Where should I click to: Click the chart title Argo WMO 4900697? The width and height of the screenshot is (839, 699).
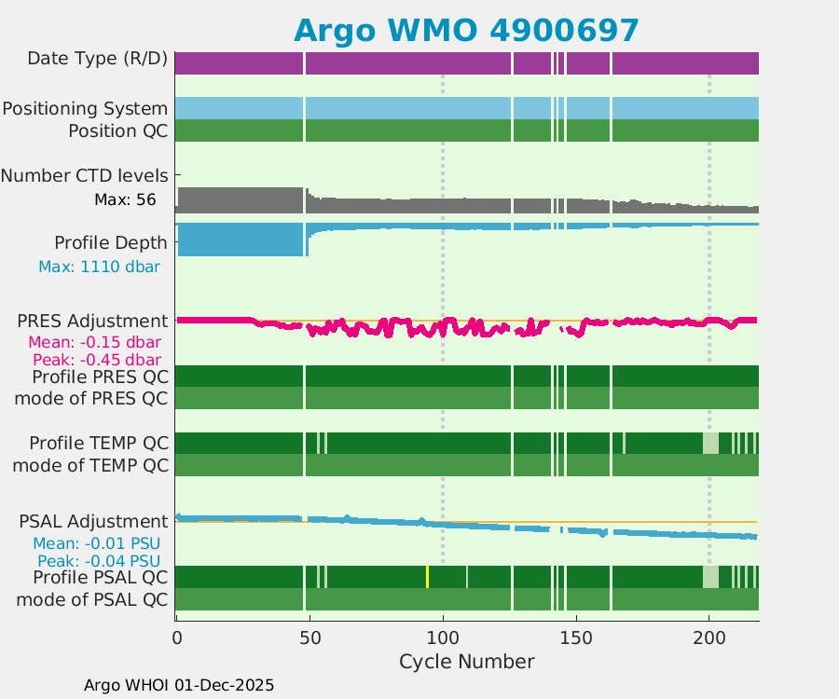[466, 30]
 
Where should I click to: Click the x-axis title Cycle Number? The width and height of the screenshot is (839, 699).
[466, 662]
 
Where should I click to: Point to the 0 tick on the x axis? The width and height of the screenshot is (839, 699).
[176, 638]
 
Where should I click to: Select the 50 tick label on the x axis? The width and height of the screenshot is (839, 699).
[309, 638]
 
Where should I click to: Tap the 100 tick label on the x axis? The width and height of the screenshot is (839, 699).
[443, 638]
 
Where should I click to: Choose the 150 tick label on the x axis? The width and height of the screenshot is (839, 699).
[576, 638]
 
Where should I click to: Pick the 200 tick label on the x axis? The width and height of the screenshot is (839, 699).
[709, 638]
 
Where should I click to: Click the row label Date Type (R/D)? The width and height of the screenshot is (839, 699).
[98, 60]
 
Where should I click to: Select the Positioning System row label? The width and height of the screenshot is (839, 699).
[85, 108]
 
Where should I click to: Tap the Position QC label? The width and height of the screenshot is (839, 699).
[118, 130]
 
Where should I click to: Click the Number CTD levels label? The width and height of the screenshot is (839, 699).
[84, 175]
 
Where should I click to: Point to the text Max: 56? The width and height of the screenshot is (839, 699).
[125, 199]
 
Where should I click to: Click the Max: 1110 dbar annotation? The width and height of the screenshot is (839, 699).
[99, 267]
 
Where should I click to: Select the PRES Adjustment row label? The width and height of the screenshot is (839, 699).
[92, 321]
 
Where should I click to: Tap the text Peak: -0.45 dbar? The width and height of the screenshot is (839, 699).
[97, 360]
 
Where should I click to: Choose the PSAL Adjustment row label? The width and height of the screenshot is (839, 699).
[93, 520]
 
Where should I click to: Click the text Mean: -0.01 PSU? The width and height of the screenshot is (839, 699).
[97, 543]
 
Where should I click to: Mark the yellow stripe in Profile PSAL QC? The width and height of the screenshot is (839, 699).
[427, 577]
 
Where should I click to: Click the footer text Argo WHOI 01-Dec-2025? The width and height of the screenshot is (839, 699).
[179, 685]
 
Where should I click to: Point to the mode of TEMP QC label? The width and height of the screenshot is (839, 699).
[90, 464]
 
